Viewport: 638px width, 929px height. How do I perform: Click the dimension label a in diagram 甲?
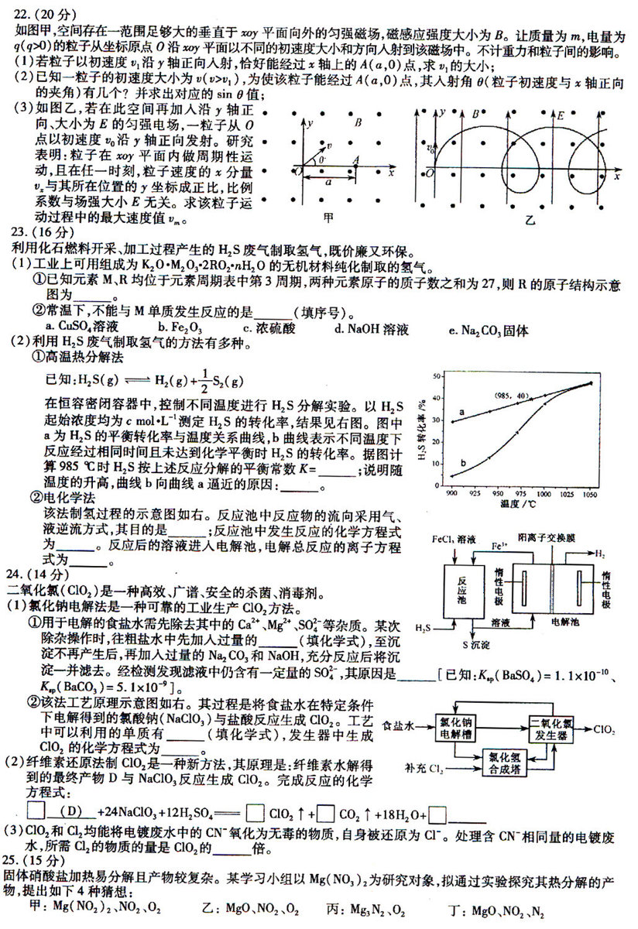click(x=328, y=185)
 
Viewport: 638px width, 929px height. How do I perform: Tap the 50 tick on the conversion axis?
click(x=437, y=375)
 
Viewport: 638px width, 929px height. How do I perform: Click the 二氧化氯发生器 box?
click(x=554, y=729)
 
